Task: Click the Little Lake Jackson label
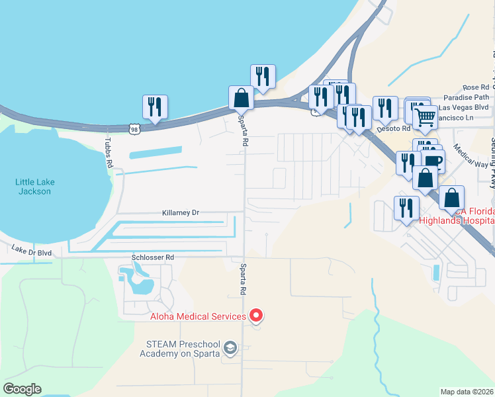(35, 186)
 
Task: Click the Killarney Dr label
(181, 213)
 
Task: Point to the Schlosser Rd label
(152, 257)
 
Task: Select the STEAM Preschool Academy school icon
(230, 347)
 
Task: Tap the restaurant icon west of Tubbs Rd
(155, 107)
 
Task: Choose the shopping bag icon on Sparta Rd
(241, 98)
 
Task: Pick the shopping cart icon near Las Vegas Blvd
(426, 118)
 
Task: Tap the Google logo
(22, 389)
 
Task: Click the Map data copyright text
(467, 391)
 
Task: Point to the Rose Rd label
(476, 87)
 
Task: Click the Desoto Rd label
(393, 128)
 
